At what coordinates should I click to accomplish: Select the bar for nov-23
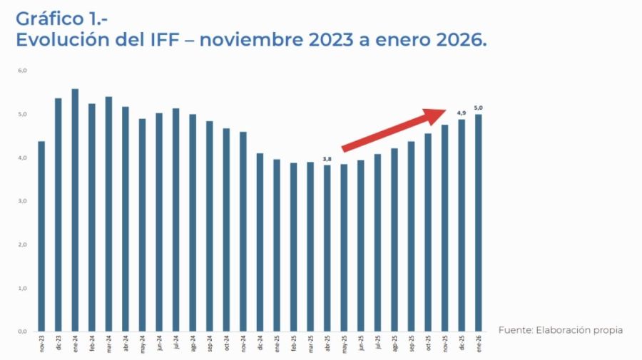point(41,236)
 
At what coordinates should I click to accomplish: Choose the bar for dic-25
point(462,225)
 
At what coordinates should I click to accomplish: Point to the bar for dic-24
point(260,242)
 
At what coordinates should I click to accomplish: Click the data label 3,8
point(327,159)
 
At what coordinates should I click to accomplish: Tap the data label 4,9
point(462,113)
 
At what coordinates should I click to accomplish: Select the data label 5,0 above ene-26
point(478,108)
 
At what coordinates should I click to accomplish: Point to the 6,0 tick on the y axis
point(23,71)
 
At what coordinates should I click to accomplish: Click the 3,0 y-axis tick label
point(23,201)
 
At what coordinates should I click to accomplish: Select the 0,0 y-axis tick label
point(23,331)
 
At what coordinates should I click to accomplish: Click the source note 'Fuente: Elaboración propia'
point(560,330)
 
